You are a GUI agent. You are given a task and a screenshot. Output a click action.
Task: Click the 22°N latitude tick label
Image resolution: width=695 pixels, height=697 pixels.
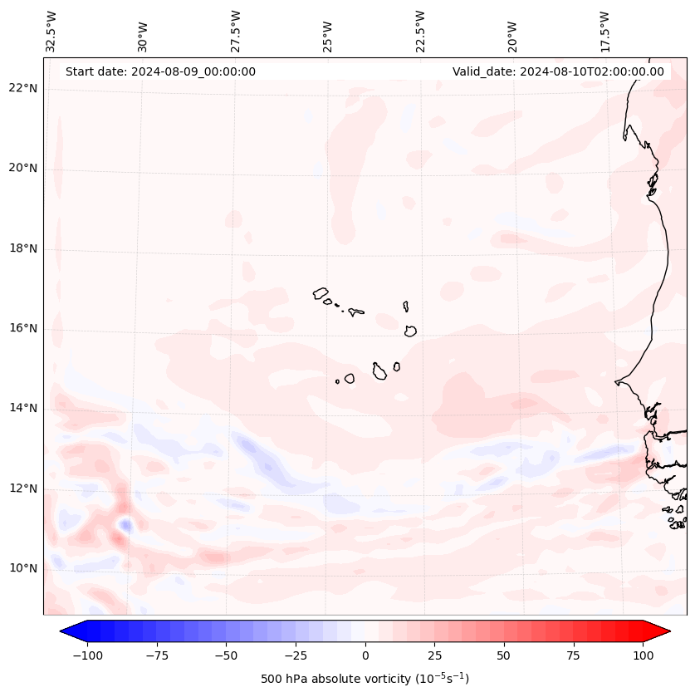pyautogui.click(x=23, y=89)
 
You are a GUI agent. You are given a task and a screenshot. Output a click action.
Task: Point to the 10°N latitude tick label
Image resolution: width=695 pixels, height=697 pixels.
pyautogui.click(x=23, y=569)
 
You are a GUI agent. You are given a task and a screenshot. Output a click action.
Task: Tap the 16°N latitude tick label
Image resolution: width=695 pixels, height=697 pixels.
pyautogui.click(x=23, y=329)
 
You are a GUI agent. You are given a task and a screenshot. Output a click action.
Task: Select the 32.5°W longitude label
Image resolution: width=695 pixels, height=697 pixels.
pyautogui.click(x=51, y=32)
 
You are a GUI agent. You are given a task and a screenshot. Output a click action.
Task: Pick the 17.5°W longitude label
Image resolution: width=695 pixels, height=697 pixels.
pyautogui.click(x=604, y=32)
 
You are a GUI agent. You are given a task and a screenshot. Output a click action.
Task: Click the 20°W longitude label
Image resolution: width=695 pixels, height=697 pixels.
pyautogui.click(x=512, y=33)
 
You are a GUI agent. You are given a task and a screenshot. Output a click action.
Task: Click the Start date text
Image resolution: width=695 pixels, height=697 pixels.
pyautogui.click(x=160, y=71)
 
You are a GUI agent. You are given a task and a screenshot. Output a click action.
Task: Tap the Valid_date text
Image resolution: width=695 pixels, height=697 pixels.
pyautogui.click(x=558, y=71)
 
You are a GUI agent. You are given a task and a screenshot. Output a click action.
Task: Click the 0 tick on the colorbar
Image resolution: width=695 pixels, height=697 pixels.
pyautogui.click(x=365, y=655)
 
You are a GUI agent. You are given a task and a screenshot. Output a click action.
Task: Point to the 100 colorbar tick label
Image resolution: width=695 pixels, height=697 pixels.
pyautogui.click(x=644, y=655)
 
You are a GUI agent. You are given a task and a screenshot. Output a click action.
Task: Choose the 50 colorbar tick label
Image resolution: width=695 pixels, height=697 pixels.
pyautogui.click(x=504, y=655)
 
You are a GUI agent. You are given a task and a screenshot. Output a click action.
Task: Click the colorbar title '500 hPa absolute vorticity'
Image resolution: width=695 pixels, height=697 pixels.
pyautogui.click(x=365, y=679)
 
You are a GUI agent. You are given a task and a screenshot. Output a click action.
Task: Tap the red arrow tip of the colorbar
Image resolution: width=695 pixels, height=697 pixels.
pyautogui.click(x=664, y=631)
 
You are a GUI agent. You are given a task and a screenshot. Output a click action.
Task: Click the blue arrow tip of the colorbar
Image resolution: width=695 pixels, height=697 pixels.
pyautogui.click(x=66, y=631)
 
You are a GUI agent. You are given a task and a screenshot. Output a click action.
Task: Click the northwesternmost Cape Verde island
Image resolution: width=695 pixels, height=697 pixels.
pyautogui.click(x=321, y=292)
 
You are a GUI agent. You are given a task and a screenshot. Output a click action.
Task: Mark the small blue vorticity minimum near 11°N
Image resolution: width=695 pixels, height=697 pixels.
pyautogui.click(x=125, y=524)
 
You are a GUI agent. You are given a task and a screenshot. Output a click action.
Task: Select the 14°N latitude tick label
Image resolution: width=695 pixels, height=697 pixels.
pyautogui.click(x=23, y=409)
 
